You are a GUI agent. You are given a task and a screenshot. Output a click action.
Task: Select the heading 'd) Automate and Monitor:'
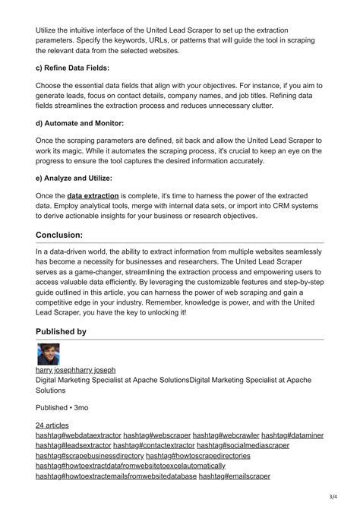[x=81, y=122]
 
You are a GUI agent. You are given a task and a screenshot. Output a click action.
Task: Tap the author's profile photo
[x=48, y=354]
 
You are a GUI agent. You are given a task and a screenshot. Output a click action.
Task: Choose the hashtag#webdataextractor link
[x=77, y=435]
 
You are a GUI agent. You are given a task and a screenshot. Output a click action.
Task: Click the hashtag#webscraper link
[x=156, y=435]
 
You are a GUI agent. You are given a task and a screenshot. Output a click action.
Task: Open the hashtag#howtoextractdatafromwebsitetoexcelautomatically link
[x=131, y=465]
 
